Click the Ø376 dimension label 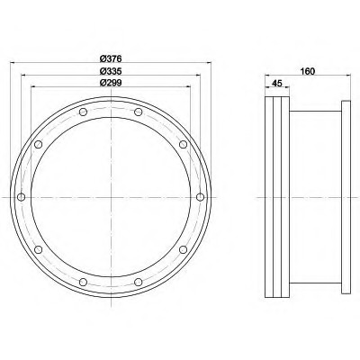click(x=111, y=58)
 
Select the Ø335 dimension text click(x=111, y=71)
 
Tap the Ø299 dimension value click(x=111, y=83)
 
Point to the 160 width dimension click(x=308, y=71)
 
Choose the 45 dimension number click(x=276, y=84)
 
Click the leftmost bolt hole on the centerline click(x=22, y=197)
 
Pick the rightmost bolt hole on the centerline click(x=200, y=197)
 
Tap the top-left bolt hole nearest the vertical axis click(x=83, y=112)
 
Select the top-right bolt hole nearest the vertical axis click(x=139, y=112)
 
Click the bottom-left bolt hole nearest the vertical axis click(x=83, y=282)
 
